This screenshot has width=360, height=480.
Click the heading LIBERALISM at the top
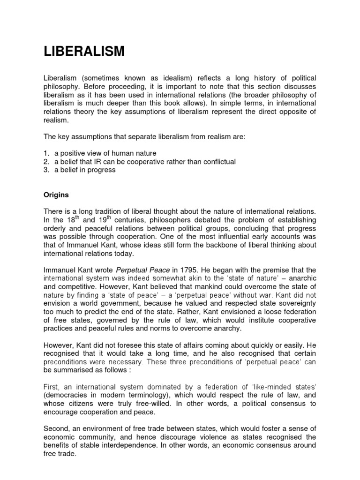coord(84,51)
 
